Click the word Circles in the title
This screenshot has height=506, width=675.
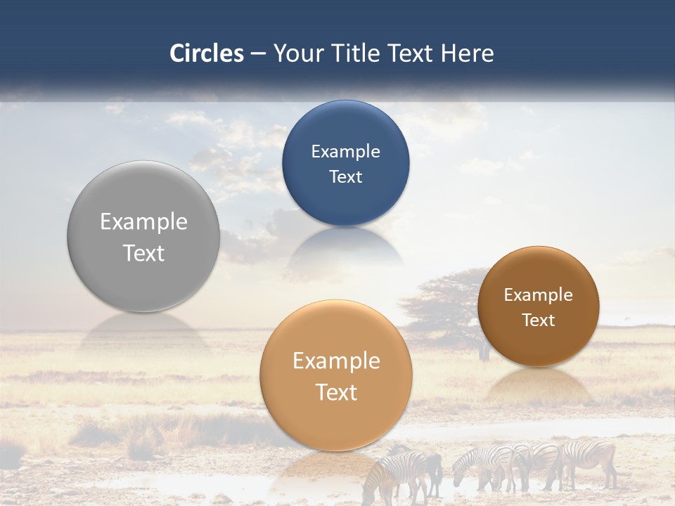(x=206, y=53)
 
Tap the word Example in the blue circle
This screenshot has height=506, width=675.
(x=345, y=152)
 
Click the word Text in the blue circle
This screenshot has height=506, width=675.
(x=345, y=177)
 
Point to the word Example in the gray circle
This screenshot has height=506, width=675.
(x=143, y=222)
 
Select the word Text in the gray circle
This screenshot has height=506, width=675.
(x=143, y=253)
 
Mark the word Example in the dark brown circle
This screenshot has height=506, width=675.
(x=538, y=295)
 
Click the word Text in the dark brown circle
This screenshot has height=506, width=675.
(x=538, y=320)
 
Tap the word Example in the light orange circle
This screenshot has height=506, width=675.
(x=335, y=361)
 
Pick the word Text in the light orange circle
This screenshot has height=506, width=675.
(x=335, y=392)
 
